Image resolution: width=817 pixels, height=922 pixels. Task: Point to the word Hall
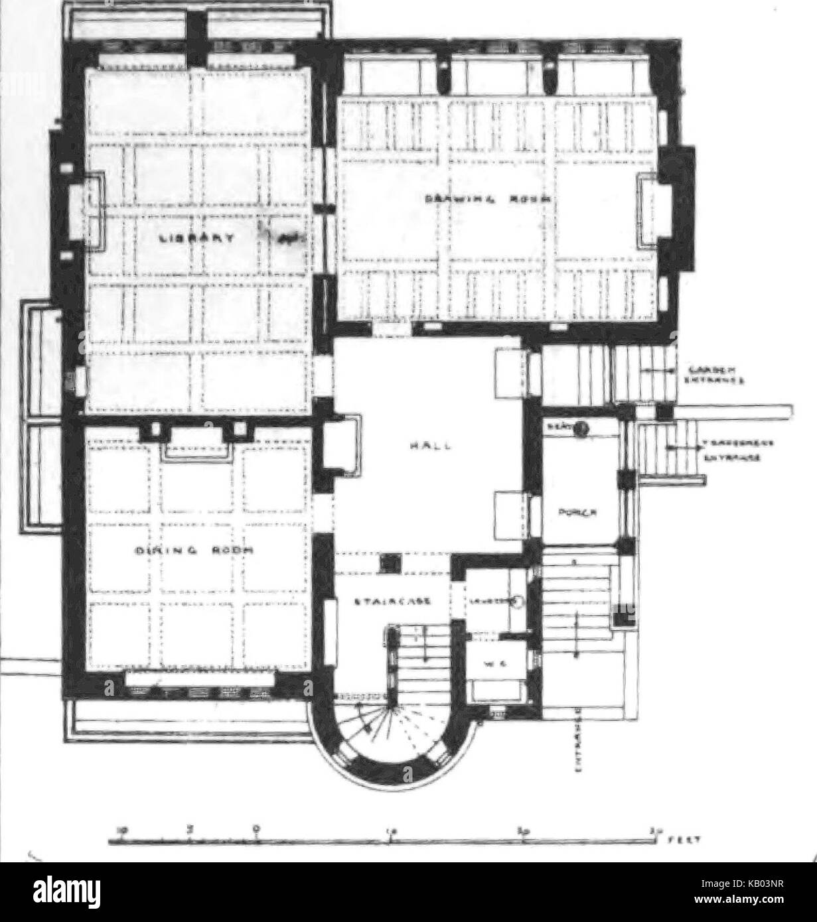click(440, 446)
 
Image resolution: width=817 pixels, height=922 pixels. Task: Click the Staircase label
click(394, 602)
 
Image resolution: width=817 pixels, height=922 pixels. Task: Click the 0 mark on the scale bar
click(257, 829)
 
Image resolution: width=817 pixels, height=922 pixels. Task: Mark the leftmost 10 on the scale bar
click(121, 829)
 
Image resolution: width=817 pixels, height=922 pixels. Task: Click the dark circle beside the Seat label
click(581, 428)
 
